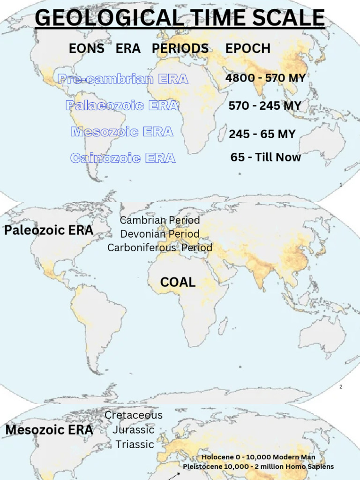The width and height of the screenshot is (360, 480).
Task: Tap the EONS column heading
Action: click(87, 48)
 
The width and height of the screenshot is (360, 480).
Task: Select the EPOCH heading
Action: click(248, 48)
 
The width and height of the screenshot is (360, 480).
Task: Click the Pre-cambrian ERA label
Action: click(123, 79)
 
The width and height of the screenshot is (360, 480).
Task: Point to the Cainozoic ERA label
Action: click(123, 158)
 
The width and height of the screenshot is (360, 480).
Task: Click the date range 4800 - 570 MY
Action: click(265, 78)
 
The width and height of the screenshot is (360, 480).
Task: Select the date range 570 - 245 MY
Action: click(265, 106)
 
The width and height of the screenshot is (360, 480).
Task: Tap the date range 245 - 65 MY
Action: click(262, 135)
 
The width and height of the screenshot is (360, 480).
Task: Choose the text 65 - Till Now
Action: click(266, 157)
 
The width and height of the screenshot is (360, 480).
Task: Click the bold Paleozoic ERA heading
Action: click(49, 231)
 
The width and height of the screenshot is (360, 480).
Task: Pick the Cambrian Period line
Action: click(160, 220)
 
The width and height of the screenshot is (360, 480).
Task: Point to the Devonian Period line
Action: click(160, 234)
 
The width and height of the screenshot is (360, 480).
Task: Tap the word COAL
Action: click(178, 282)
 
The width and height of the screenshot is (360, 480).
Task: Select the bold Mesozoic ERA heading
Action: click(49, 430)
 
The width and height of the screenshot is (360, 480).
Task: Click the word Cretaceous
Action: click(134, 415)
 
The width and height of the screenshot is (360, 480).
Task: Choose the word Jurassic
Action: click(134, 430)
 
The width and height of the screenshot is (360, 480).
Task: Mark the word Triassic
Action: click(135, 444)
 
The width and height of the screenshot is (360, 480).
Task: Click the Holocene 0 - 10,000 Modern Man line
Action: click(258, 457)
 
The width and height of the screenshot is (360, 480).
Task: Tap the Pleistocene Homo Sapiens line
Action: click(258, 466)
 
